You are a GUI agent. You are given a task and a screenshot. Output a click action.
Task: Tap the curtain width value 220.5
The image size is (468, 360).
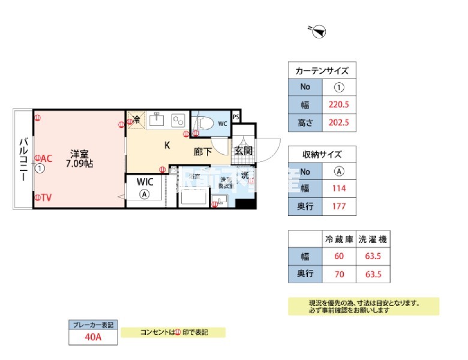(x=338, y=103)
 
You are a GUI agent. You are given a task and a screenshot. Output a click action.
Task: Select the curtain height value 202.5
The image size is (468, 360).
(x=338, y=123)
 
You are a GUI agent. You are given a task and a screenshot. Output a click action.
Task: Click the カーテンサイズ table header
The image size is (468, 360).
(x=322, y=70)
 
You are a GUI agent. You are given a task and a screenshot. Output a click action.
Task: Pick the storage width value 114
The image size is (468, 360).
(x=338, y=188)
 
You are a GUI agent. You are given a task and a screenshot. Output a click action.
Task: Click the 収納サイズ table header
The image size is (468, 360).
(x=322, y=154)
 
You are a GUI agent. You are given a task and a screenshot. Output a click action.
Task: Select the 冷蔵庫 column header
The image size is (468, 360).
(x=339, y=239)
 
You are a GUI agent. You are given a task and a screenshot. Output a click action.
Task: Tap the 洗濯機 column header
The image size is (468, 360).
(x=373, y=239)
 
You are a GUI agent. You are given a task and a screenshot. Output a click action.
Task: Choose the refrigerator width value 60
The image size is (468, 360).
(x=339, y=257)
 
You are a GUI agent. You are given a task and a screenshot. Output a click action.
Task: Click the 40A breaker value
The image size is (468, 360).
(x=92, y=337)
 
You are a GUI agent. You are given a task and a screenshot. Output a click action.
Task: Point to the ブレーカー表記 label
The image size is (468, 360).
(x=92, y=325)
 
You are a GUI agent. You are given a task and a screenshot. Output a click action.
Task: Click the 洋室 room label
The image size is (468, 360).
(x=78, y=152)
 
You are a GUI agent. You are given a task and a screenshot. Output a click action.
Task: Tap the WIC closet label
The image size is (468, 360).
(x=145, y=181)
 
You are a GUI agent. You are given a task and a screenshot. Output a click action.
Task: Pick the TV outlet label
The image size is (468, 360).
(x=46, y=197)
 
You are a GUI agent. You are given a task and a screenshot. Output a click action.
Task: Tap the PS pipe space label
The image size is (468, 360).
(x=236, y=116)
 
